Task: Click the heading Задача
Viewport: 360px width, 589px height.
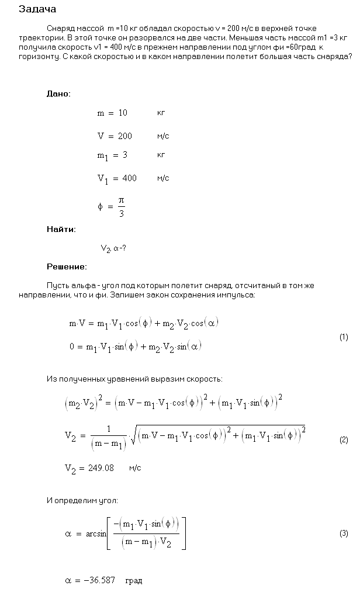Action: pos(37,9)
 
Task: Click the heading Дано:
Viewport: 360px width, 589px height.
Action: pos(58,93)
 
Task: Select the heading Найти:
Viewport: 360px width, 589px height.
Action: pos(61,230)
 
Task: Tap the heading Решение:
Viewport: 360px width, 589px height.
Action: pos(67,267)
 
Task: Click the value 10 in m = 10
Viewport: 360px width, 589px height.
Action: pos(123,113)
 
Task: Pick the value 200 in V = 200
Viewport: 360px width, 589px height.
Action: pos(124,136)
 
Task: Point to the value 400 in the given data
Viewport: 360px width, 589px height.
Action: pos(128,178)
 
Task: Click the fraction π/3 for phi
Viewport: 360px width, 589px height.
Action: pos(122,206)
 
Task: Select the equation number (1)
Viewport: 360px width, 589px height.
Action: pos(344,337)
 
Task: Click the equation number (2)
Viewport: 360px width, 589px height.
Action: pos(344,440)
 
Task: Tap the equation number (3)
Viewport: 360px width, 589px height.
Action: pos(344,533)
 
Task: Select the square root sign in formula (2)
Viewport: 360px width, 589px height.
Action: pos(134,439)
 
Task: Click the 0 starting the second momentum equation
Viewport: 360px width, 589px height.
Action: pos(72,347)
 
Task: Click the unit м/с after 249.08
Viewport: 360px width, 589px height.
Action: pos(135,468)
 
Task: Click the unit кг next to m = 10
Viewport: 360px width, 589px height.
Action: pos(161,113)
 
